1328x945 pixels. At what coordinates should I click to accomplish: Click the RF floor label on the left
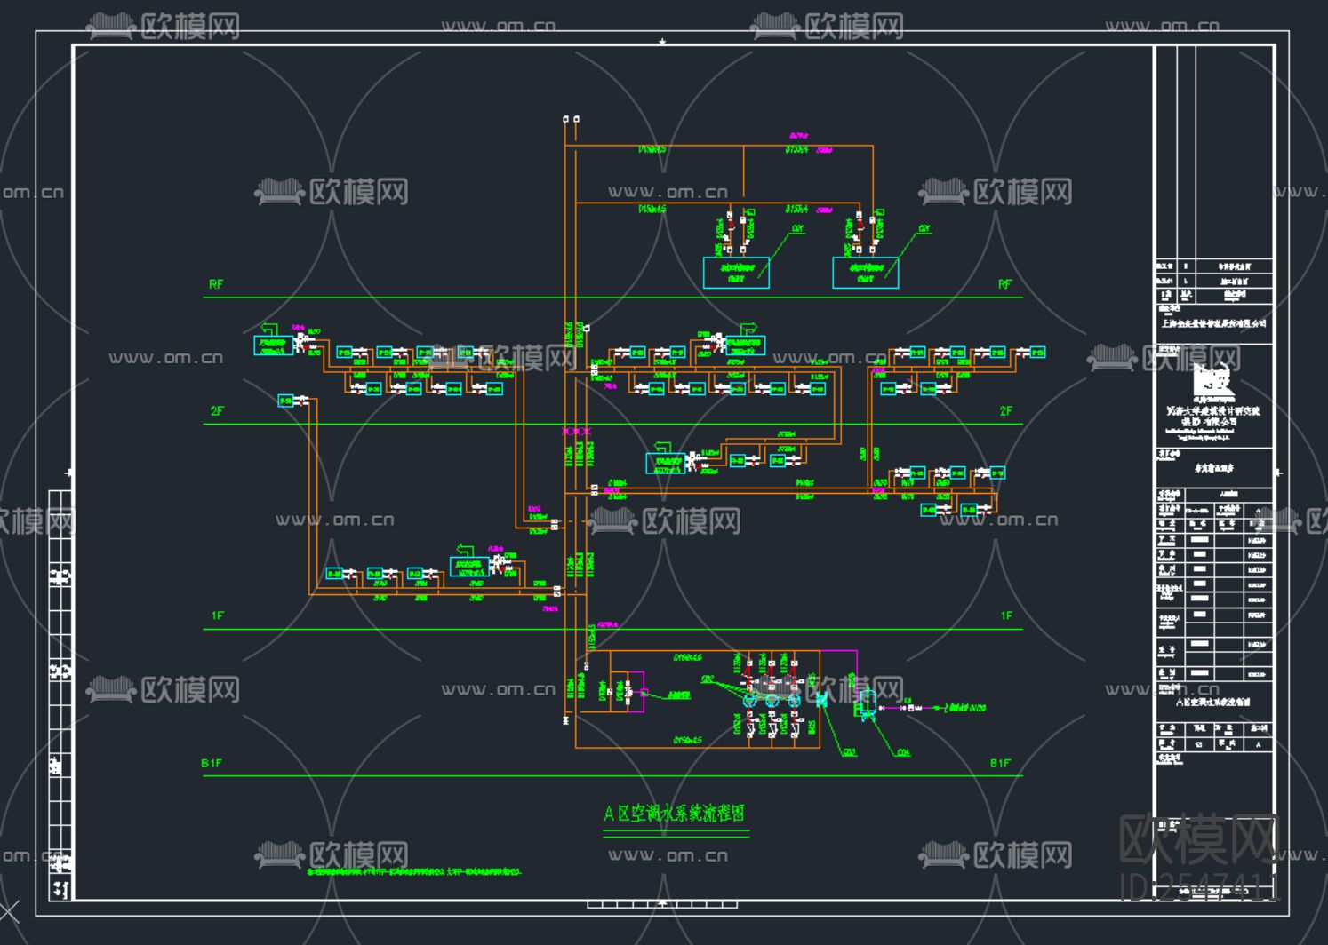pyautogui.click(x=216, y=284)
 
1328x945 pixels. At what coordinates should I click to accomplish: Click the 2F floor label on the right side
pyautogui.click(x=1005, y=410)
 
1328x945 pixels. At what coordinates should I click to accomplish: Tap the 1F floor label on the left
pyautogui.click(x=217, y=615)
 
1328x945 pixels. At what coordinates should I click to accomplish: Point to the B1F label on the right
pyautogui.click(x=1000, y=763)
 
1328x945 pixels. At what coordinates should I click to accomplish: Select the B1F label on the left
pyautogui.click(x=212, y=763)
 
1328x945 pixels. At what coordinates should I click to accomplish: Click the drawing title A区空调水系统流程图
pyautogui.click(x=675, y=813)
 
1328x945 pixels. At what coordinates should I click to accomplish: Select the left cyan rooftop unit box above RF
pyautogui.click(x=736, y=273)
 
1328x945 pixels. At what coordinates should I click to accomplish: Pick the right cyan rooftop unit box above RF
pyautogui.click(x=865, y=273)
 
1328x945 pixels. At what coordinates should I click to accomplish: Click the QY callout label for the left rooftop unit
pyautogui.click(x=797, y=229)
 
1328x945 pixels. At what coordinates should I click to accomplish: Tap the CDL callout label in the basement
pyautogui.click(x=903, y=752)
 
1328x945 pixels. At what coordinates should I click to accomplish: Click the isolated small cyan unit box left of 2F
pyautogui.click(x=286, y=401)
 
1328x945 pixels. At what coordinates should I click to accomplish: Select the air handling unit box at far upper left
pyautogui.click(x=273, y=345)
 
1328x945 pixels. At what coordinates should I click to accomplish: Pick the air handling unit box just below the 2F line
pyautogui.click(x=666, y=463)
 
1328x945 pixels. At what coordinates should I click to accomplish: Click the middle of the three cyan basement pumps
pyautogui.click(x=771, y=700)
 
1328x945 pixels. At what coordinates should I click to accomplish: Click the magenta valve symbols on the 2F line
pyautogui.click(x=576, y=431)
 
